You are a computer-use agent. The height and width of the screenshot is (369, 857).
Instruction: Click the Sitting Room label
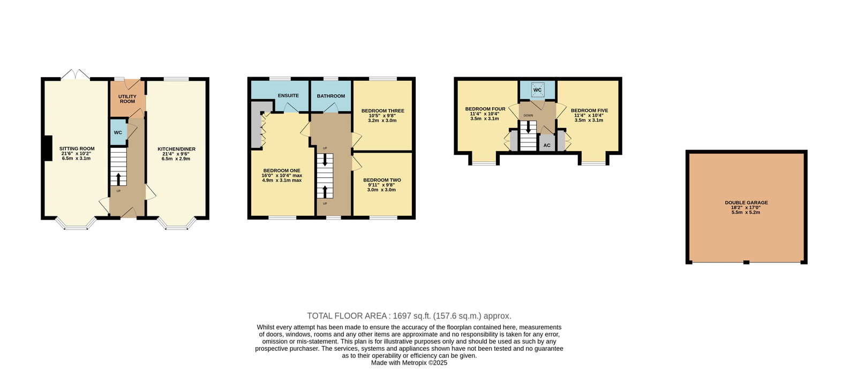[77, 149]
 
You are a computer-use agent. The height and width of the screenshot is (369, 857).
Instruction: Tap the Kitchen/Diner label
[176, 149]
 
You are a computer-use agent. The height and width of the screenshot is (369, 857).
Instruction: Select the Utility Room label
[127, 99]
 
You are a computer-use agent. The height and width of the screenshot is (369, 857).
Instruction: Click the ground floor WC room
[118, 132]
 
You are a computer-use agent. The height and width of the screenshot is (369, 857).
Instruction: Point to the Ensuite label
[288, 95]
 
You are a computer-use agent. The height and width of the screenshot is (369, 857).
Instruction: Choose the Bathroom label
[331, 96]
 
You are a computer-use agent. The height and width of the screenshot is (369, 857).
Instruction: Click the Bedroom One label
[282, 170]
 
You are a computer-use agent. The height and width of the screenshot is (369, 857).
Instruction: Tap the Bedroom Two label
[382, 180]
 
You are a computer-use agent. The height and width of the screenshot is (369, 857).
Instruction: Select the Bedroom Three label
[382, 111]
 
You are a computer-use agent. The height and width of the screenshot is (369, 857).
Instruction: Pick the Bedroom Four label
[485, 109]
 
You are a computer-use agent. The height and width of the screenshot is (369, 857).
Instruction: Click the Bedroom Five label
[589, 110]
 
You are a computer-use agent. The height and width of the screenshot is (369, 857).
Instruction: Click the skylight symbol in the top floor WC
[538, 90]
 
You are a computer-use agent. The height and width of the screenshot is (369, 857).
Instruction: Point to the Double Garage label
[746, 202]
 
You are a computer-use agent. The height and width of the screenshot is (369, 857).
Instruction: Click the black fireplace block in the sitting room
[47, 148]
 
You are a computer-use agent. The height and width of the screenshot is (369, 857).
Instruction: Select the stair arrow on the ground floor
[118, 179]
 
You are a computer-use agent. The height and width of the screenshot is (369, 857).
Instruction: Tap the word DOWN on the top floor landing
[528, 115]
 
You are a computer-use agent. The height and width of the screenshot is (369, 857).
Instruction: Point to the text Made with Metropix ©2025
[409, 363]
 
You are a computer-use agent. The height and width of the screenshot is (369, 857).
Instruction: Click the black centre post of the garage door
[746, 262]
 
